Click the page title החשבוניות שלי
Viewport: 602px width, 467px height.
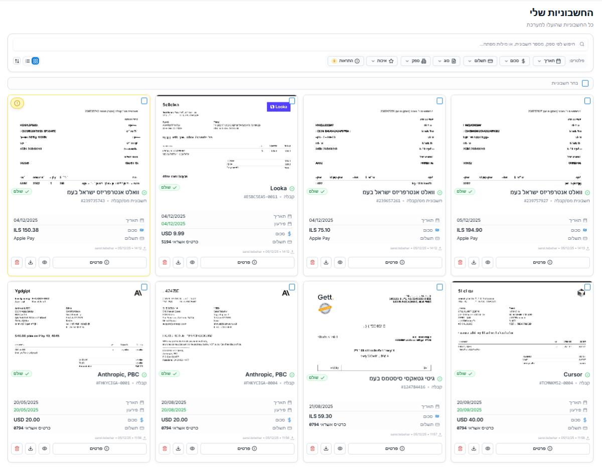coord(561,13)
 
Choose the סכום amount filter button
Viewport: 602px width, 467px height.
coord(514,61)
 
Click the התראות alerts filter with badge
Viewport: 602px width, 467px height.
coord(346,61)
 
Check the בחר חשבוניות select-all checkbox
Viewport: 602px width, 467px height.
coord(585,83)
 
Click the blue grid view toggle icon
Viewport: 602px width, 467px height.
coord(36,61)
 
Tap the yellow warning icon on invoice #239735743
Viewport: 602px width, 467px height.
coord(17,103)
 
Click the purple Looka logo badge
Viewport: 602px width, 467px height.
coord(278,107)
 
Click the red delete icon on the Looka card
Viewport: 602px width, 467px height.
coord(165,262)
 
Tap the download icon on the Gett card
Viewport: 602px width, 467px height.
coord(326,448)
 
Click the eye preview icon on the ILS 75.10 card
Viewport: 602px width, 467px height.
coord(340,262)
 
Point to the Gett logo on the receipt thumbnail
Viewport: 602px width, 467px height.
coord(326,297)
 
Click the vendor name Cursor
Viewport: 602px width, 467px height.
coord(572,375)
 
